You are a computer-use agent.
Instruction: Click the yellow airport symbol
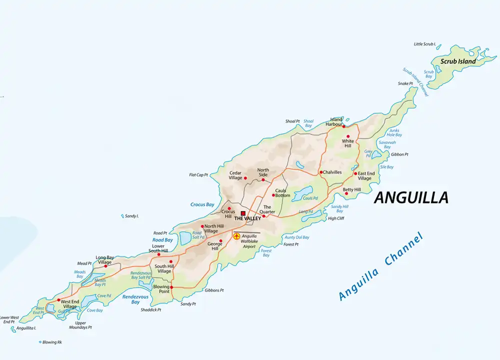pos(236,236)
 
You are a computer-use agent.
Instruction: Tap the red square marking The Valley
pos(243,213)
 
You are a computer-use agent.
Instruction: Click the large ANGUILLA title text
pos(411,198)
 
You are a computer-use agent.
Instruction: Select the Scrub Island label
pos(458,61)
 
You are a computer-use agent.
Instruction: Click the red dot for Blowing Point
pos(171,287)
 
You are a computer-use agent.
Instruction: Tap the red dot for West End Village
pos(58,300)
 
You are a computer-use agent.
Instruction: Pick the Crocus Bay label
pos(202,204)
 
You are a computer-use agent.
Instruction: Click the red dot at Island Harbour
pos(343,126)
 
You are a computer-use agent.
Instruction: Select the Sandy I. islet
pos(122,216)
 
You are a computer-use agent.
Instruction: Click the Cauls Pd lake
pos(303,193)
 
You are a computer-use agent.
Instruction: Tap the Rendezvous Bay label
pos(135,299)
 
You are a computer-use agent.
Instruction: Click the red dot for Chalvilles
pos(320,172)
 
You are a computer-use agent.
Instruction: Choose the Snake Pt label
pos(405,83)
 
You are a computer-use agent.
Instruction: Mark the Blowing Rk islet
pos(40,342)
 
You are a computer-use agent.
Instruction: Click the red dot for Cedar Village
pos(245,178)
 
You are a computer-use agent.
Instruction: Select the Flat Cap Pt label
pos(198,175)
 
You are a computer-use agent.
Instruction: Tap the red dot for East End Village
pos(355,173)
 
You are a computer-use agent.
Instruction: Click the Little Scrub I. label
pos(425,44)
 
